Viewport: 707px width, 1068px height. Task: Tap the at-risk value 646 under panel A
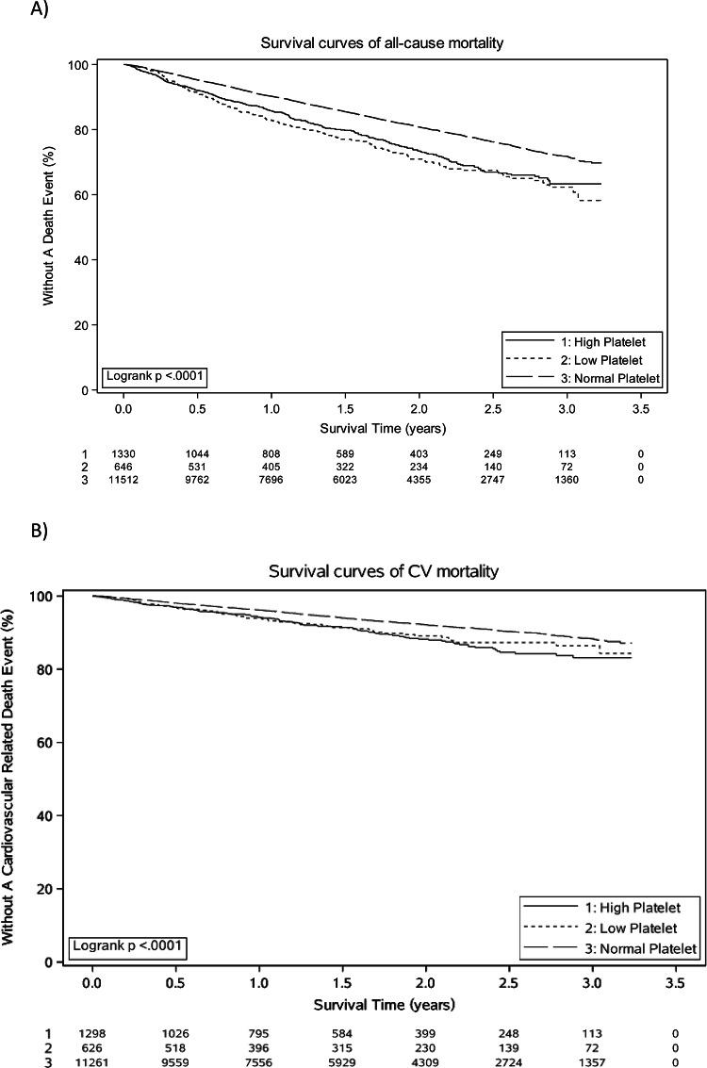point(123,466)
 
